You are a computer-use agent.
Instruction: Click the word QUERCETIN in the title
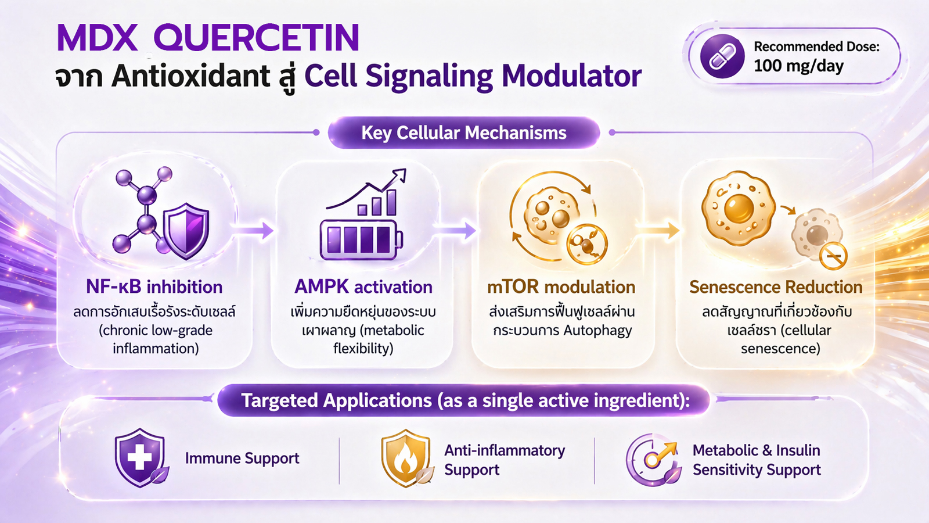click(x=256, y=38)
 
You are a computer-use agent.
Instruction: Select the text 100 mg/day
click(x=798, y=66)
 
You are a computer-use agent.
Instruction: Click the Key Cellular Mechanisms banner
click(x=463, y=133)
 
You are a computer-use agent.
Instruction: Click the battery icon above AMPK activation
click(x=361, y=240)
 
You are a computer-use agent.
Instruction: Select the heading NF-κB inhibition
click(x=154, y=287)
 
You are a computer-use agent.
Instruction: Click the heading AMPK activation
click(x=363, y=287)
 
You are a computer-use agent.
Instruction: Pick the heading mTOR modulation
click(x=561, y=287)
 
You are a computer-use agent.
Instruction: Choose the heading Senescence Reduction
click(x=776, y=287)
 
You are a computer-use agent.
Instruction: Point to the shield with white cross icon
click(x=139, y=457)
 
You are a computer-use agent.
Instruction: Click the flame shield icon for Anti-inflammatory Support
click(x=405, y=458)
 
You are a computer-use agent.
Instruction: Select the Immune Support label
click(x=242, y=458)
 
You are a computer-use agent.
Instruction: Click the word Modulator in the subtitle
click(x=571, y=76)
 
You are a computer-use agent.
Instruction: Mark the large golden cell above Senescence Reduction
click(x=738, y=207)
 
